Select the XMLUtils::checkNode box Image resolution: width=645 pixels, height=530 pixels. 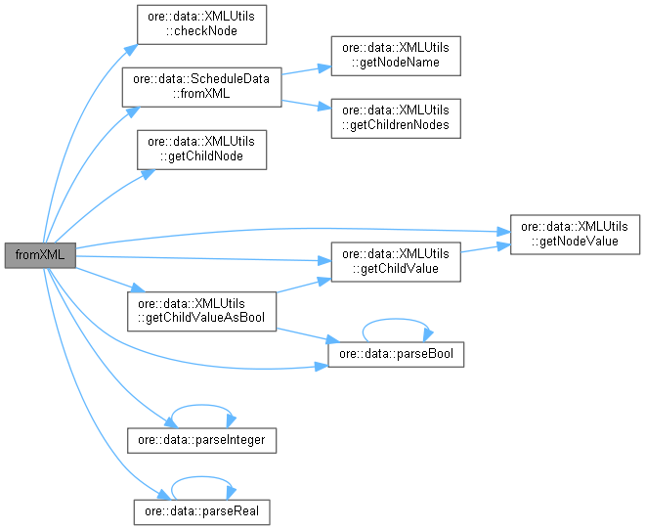tap(201, 24)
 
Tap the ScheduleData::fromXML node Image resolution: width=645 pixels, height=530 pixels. tap(201, 87)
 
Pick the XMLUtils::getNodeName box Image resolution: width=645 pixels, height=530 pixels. tap(396, 56)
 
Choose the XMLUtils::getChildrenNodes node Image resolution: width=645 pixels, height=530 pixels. tap(396, 117)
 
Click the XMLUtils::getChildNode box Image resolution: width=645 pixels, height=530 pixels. tap(201, 150)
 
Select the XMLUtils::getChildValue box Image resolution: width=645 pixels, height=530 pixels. tap(396, 261)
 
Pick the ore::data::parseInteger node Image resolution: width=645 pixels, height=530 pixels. tap(201, 440)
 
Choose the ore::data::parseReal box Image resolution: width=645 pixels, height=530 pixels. tap(201, 510)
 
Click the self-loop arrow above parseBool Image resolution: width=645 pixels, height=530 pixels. tap(396, 318)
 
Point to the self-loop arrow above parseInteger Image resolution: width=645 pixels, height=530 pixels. tap(201, 406)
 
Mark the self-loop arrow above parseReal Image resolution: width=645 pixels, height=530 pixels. tap(201, 476)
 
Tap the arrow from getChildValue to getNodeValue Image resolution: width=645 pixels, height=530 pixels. tap(485, 248)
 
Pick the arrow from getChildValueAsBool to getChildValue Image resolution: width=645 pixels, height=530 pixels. tap(303, 285)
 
